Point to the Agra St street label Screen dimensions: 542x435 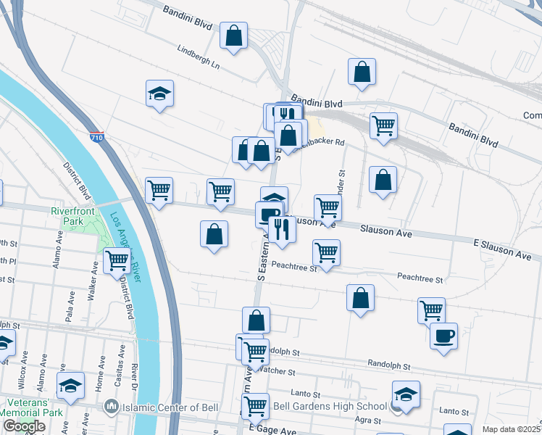[369, 420]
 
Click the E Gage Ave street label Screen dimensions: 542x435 [273, 431]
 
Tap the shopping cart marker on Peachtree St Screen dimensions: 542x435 [327, 253]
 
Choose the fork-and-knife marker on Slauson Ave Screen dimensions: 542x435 [281, 228]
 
